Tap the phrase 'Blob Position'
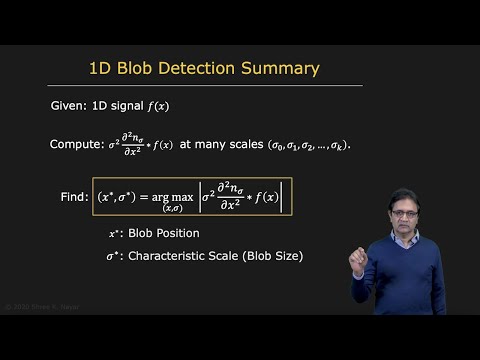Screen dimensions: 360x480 pyautogui.click(x=163, y=233)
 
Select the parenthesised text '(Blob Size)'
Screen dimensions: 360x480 pyautogui.click(x=269, y=256)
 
